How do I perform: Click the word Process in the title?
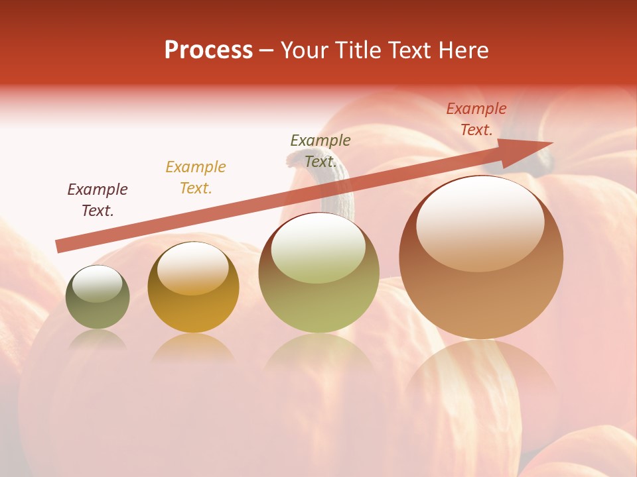click(x=208, y=50)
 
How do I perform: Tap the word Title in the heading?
click(x=357, y=50)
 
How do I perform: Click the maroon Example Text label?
click(x=98, y=200)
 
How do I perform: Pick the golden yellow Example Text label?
click(x=196, y=178)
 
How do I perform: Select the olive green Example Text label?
click(x=320, y=151)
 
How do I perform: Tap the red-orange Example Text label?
click(x=476, y=119)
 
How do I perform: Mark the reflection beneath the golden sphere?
click(x=193, y=347)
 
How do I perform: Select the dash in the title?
click(x=267, y=50)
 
